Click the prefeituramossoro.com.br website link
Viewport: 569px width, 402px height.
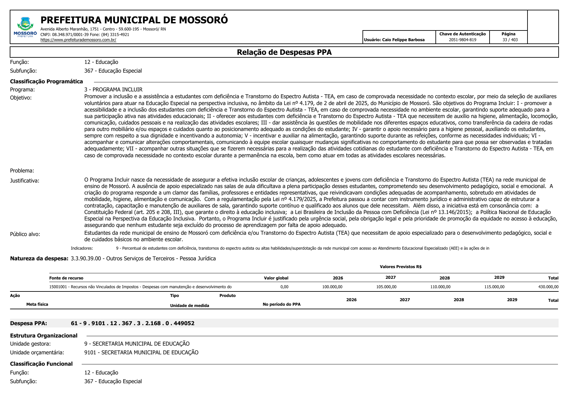click(x=78, y=40)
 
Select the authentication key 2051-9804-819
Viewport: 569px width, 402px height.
click(x=462, y=40)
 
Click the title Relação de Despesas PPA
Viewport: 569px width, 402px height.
click(x=284, y=52)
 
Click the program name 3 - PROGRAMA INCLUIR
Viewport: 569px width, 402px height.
click(x=113, y=89)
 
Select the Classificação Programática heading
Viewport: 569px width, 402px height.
click(x=46, y=81)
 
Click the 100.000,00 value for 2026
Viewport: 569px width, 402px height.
click(x=332, y=287)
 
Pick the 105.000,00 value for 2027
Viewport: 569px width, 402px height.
click(x=386, y=287)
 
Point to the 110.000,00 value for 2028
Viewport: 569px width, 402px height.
click(x=440, y=287)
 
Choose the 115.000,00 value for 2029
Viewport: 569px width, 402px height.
click(x=494, y=287)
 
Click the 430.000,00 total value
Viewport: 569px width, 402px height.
click(x=548, y=287)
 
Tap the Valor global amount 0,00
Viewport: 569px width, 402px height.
click(x=284, y=287)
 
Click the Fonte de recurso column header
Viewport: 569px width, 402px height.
click(x=66, y=278)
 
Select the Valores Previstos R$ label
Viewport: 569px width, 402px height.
click(x=400, y=267)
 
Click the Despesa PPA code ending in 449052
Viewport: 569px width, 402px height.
click(x=133, y=323)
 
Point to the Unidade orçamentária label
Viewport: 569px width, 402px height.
click(x=37, y=352)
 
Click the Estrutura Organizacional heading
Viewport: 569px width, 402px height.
click(x=44, y=336)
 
